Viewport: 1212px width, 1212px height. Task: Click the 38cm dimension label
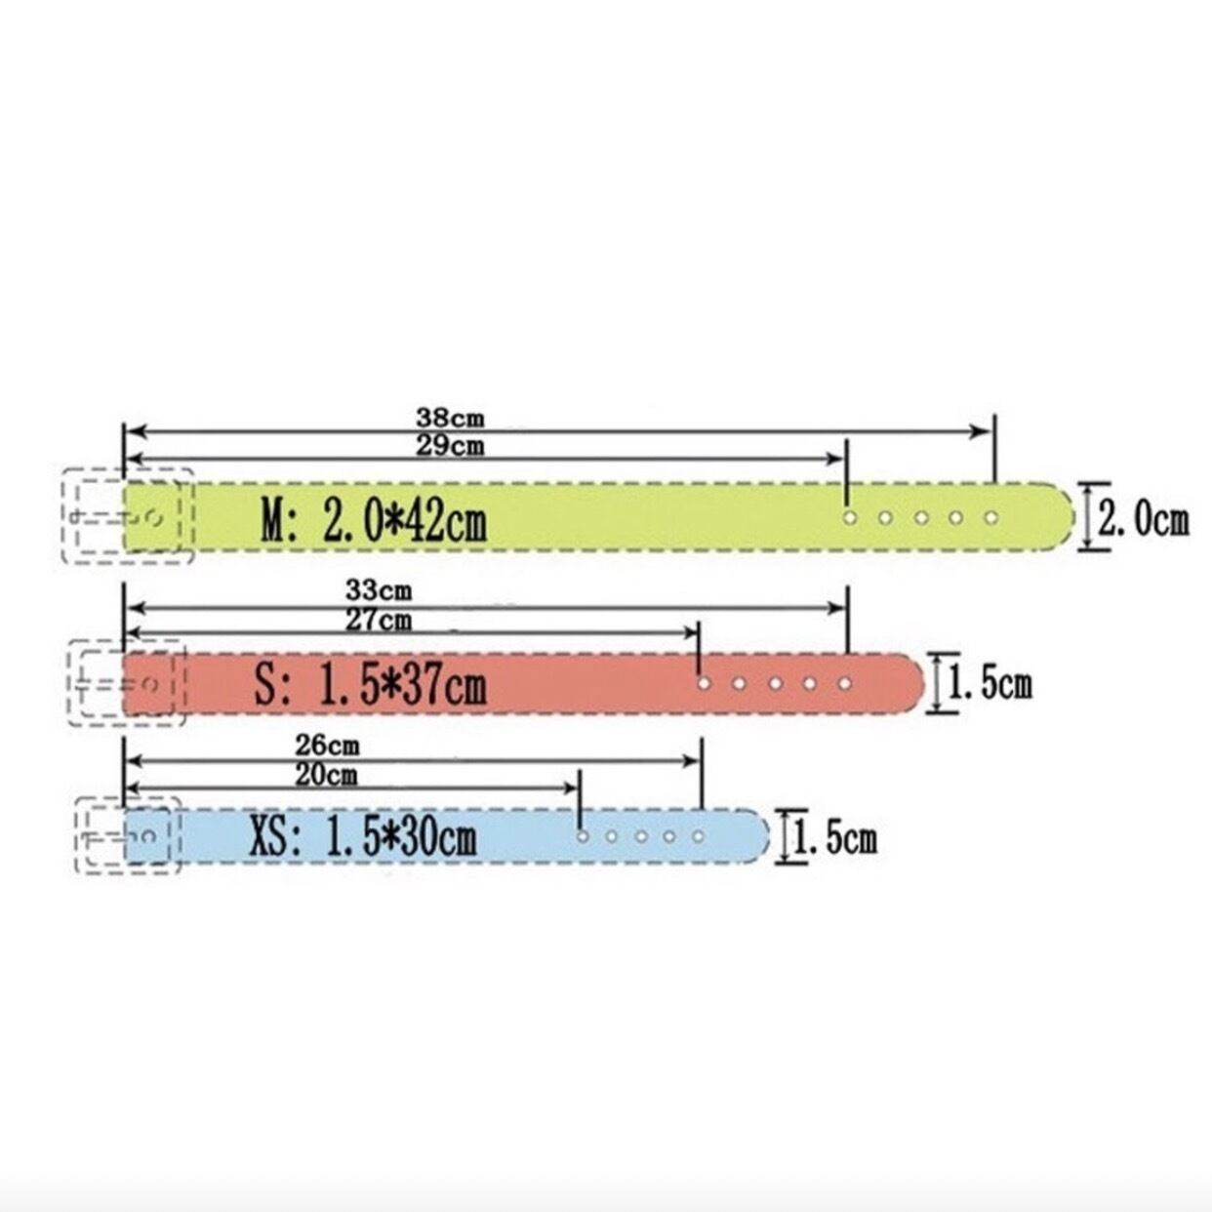[450, 418]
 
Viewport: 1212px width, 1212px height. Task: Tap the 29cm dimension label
[450, 446]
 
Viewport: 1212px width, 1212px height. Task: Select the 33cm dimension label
[379, 590]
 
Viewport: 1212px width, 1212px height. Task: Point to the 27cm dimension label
[379, 621]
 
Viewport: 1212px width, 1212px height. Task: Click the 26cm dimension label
[328, 746]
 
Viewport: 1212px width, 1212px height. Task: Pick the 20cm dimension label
[327, 776]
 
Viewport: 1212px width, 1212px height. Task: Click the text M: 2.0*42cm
[374, 519]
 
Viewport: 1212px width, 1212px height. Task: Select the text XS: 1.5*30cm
[363, 837]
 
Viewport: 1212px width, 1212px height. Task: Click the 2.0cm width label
[1144, 520]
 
